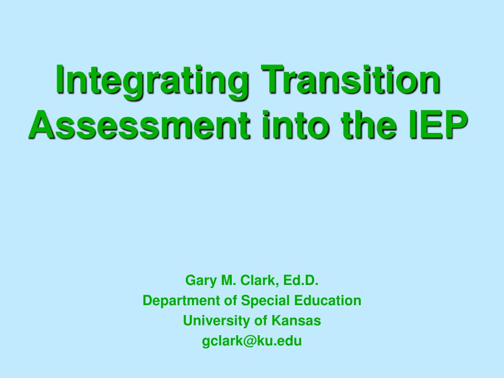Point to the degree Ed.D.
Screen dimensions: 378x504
pos(301,281)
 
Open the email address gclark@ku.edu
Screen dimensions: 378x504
pos(252,341)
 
